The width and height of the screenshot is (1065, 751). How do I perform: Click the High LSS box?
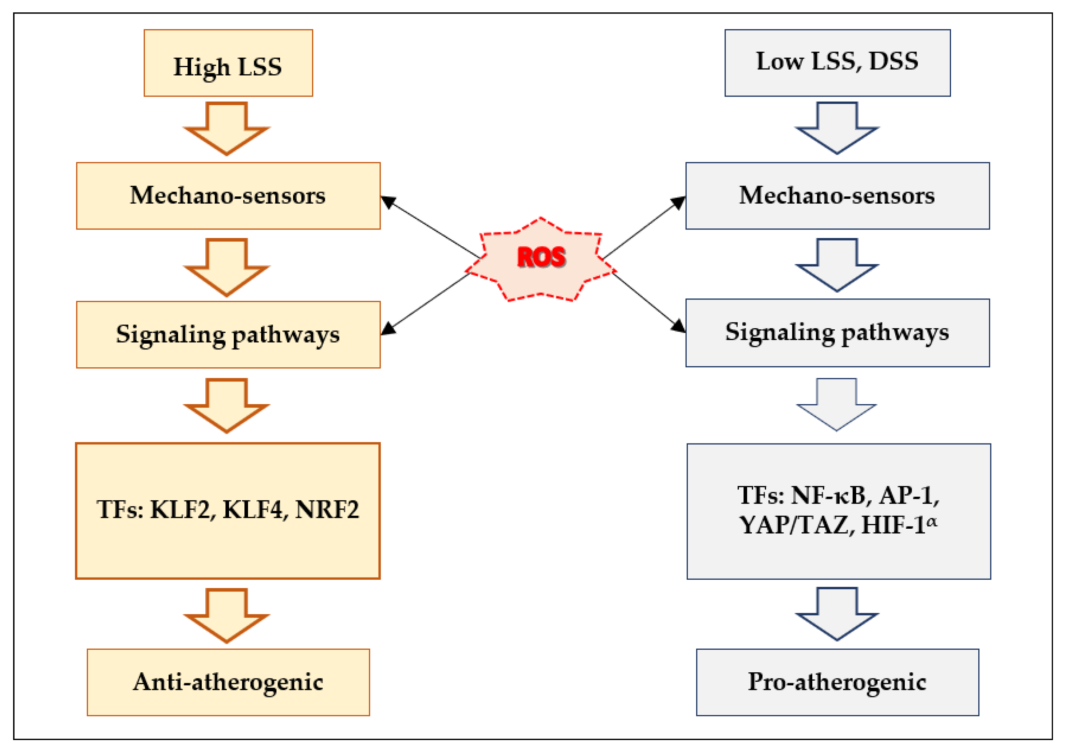coord(228,63)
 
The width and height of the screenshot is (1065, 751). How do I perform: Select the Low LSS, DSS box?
coord(837,63)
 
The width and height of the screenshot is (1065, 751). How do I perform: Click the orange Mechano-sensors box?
coord(228,195)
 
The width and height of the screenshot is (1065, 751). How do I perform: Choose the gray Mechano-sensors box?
coord(837,195)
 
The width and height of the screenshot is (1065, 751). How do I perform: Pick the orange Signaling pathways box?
coord(228,334)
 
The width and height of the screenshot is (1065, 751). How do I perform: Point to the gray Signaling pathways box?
coord(837,333)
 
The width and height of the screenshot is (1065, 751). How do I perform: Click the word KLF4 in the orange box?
coord(253,510)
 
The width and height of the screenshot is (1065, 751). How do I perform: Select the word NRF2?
coord(327,510)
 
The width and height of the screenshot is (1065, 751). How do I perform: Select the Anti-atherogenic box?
coord(228,682)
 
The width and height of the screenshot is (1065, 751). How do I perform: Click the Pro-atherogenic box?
coord(837,682)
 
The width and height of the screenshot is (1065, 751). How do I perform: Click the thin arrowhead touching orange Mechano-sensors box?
coord(388,202)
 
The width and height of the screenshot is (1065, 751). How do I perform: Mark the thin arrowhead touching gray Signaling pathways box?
coord(678,326)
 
